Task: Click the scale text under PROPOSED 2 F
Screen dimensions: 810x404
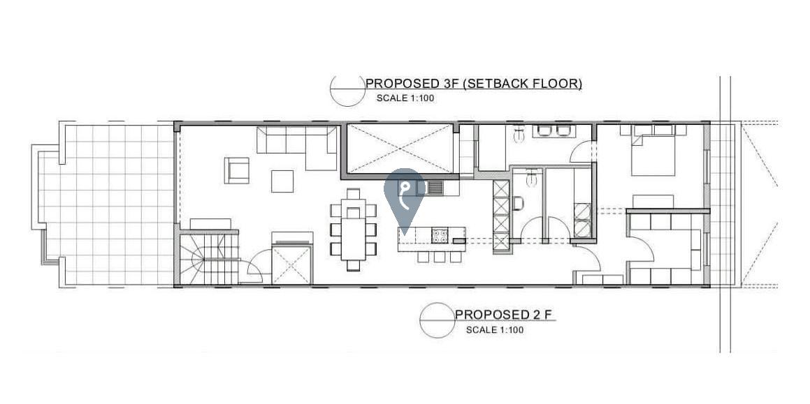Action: [x=494, y=330]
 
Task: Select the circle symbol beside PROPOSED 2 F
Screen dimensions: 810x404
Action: [x=437, y=320]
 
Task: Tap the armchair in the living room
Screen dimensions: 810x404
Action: [x=237, y=170]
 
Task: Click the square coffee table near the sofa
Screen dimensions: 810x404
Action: [x=282, y=181]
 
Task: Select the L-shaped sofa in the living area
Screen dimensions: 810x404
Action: [x=298, y=147]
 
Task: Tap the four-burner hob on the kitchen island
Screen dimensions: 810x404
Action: [x=440, y=235]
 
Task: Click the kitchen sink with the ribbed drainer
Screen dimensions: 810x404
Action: [x=433, y=187]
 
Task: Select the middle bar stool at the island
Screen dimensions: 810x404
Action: [x=439, y=257]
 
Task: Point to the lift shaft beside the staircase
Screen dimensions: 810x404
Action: [x=292, y=264]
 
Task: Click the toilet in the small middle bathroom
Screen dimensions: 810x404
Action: [x=518, y=204]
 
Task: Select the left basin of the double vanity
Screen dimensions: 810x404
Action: [x=544, y=130]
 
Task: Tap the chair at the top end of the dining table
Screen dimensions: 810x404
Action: [x=354, y=195]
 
